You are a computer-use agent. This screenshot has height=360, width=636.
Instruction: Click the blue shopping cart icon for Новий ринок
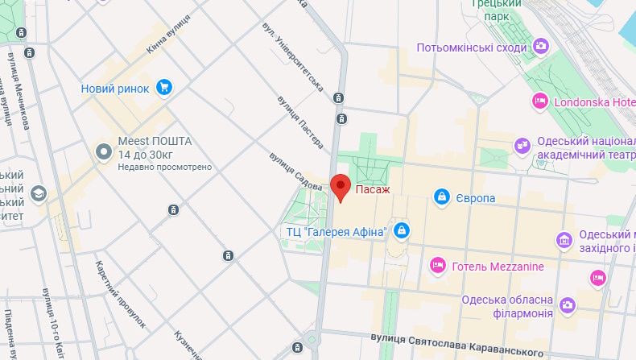click(x=164, y=87)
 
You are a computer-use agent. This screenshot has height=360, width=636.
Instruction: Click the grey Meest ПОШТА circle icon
click(x=104, y=151)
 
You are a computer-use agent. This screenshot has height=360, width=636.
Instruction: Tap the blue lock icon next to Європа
click(x=442, y=197)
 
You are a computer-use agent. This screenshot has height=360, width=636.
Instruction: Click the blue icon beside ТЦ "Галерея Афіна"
click(x=401, y=232)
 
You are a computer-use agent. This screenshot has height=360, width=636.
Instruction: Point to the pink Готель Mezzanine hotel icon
click(x=438, y=265)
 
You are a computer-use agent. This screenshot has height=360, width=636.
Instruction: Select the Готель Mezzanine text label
click(x=498, y=267)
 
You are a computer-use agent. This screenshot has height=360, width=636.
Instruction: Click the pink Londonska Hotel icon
click(x=540, y=101)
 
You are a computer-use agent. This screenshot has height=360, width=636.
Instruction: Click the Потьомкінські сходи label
click(x=471, y=48)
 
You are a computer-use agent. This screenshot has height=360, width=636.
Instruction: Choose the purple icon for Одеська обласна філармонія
click(x=568, y=304)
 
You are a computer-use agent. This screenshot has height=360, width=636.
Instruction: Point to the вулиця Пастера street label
click(x=299, y=122)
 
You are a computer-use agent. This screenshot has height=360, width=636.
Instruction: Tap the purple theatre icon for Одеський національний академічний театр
click(x=522, y=145)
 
